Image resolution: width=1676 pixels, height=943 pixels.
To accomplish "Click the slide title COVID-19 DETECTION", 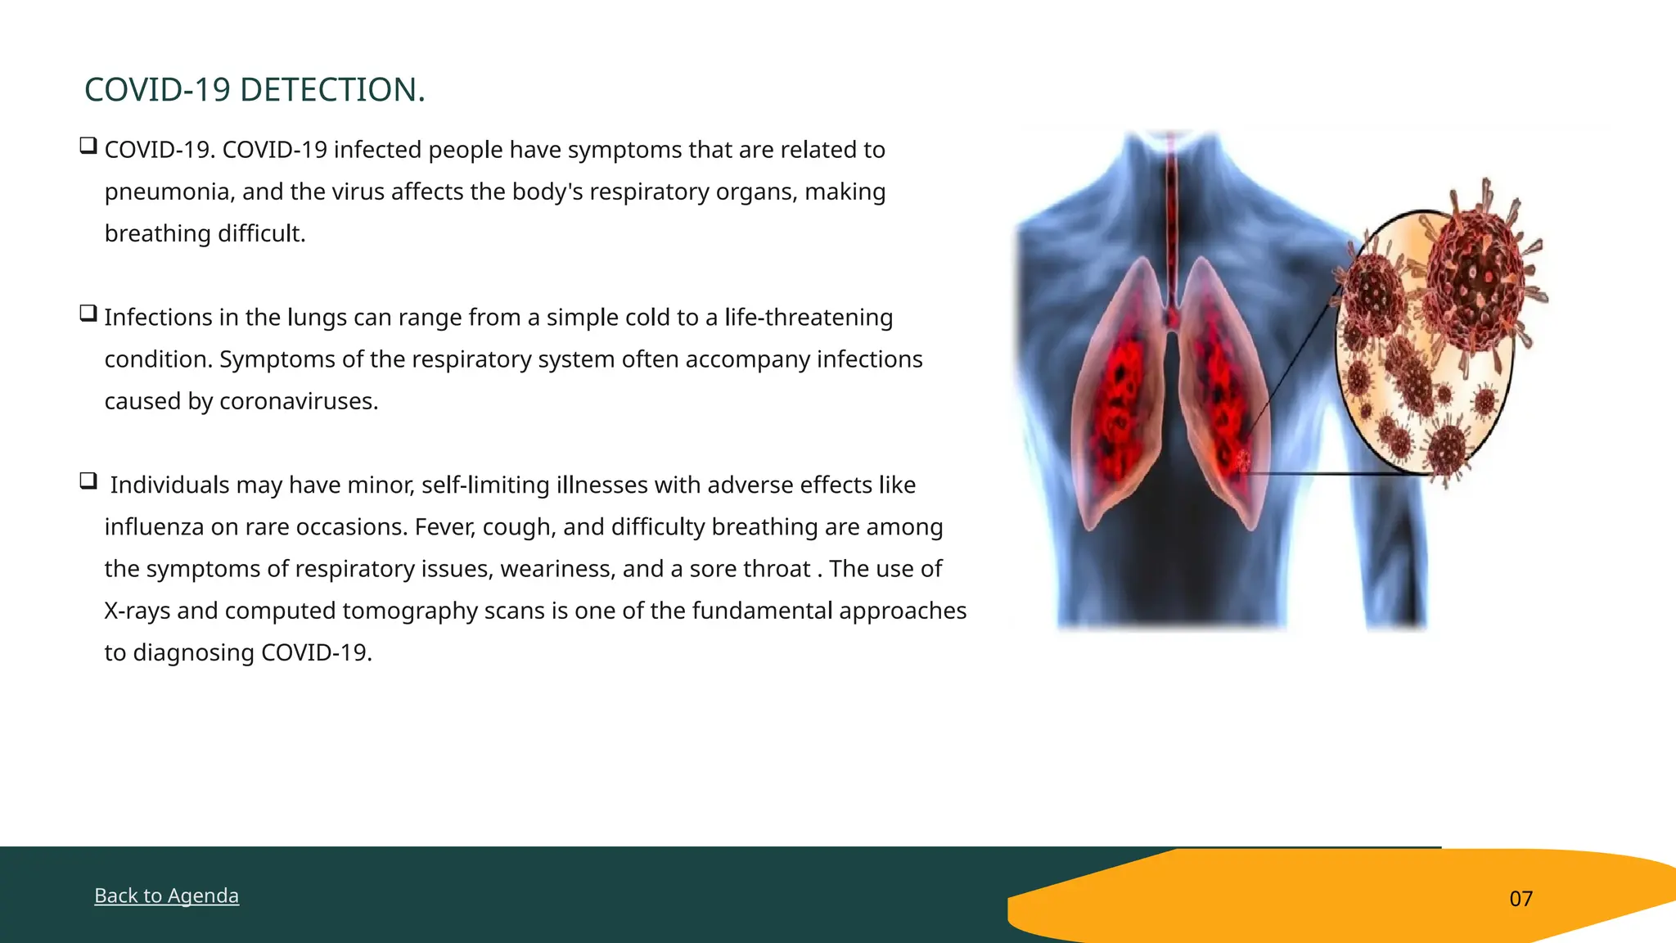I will click(255, 90).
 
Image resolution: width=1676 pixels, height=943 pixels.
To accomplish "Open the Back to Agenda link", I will click(166, 896).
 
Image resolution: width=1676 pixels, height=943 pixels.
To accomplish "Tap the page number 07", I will click(1521, 899).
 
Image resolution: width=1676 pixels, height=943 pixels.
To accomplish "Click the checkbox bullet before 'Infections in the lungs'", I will click(88, 314).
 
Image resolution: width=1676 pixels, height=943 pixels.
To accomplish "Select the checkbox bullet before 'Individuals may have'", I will click(88, 481).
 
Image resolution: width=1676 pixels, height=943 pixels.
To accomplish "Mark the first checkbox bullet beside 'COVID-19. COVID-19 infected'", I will click(88, 147).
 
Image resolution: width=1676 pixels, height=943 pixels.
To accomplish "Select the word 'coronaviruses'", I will click(298, 402).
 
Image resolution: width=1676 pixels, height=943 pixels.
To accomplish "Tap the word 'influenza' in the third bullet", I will click(154, 527).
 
